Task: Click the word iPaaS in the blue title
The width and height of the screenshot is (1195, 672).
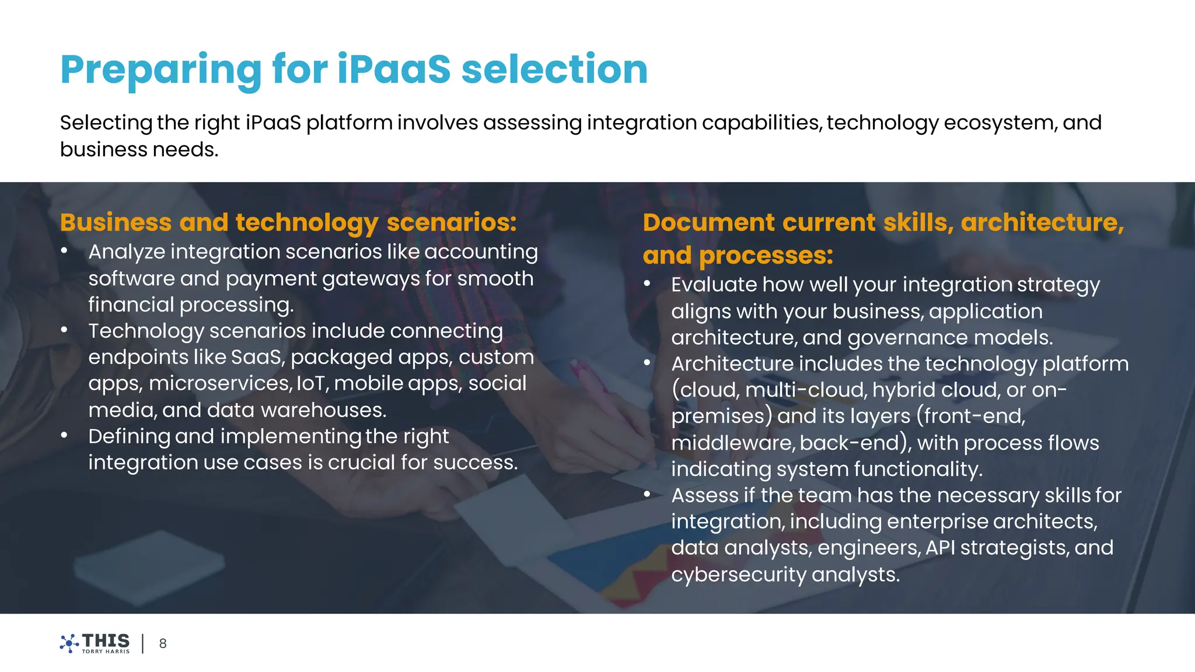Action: tap(394, 69)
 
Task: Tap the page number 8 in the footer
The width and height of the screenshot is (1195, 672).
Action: tap(163, 643)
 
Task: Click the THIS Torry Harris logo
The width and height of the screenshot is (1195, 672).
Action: tap(95, 643)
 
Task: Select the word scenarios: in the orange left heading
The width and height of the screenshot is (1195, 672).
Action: tap(452, 222)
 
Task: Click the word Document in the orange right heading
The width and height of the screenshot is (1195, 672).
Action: tap(708, 222)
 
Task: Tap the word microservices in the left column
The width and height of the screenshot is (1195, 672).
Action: tap(220, 383)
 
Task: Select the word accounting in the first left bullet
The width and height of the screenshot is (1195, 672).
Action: tap(481, 252)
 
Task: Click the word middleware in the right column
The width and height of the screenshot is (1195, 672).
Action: tap(732, 443)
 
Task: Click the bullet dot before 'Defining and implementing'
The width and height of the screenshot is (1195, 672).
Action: tap(64, 435)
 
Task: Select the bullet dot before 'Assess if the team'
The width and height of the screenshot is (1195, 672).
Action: tap(647, 494)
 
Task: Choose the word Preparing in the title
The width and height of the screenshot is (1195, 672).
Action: tap(161, 69)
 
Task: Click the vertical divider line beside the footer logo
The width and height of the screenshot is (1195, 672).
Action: tap(143, 643)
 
